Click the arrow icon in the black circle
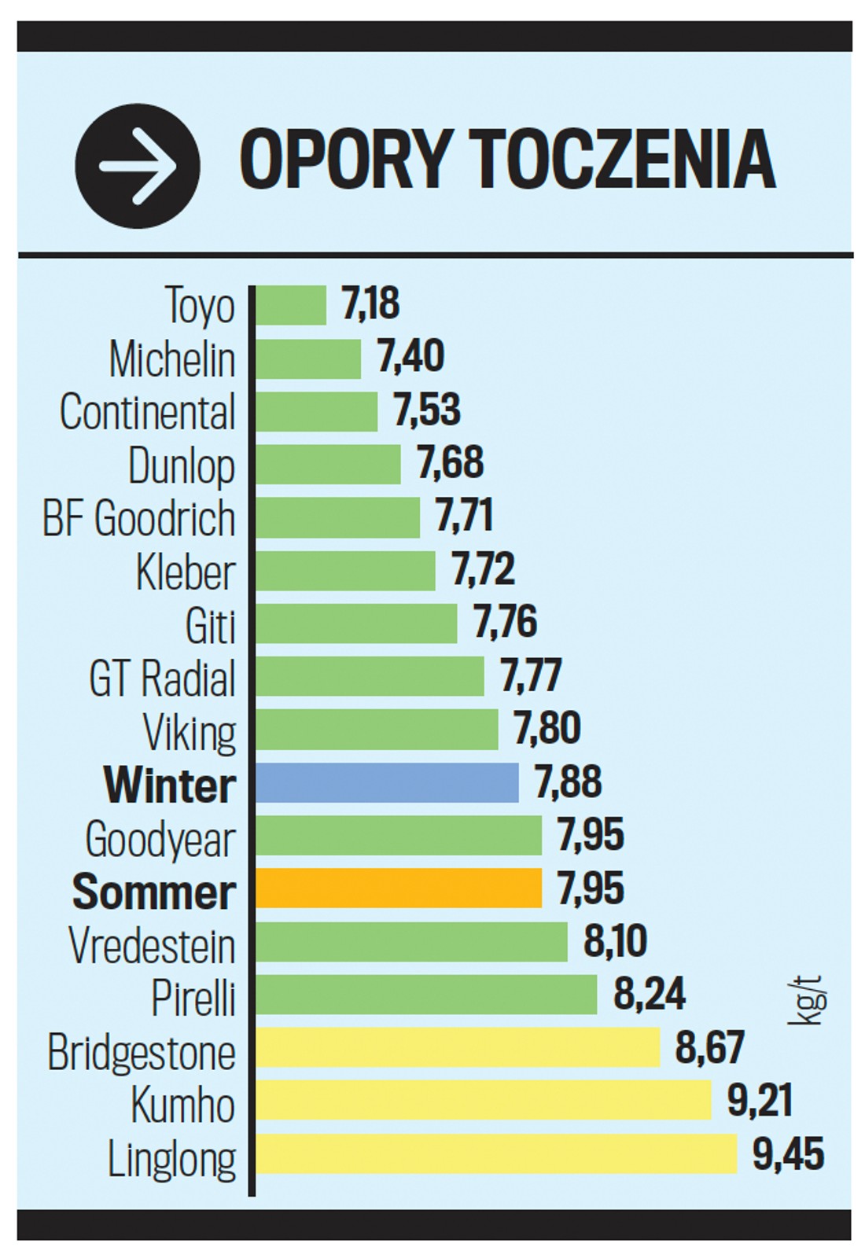(x=138, y=166)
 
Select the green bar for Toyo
(x=291, y=305)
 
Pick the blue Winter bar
(x=387, y=782)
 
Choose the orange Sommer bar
(x=399, y=888)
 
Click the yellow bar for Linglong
(x=496, y=1153)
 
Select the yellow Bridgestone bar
(x=458, y=1047)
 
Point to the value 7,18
(x=370, y=303)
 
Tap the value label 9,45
(x=788, y=1153)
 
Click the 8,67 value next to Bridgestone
(x=710, y=1047)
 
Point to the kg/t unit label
(x=807, y=999)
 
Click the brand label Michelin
(x=172, y=359)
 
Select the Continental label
(x=148, y=412)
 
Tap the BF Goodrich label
(x=139, y=518)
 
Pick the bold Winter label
(x=170, y=785)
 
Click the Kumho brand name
(x=183, y=1104)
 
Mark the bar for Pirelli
(x=426, y=994)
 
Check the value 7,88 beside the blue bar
(x=569, y=782)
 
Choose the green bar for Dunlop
(x=328, y=464)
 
